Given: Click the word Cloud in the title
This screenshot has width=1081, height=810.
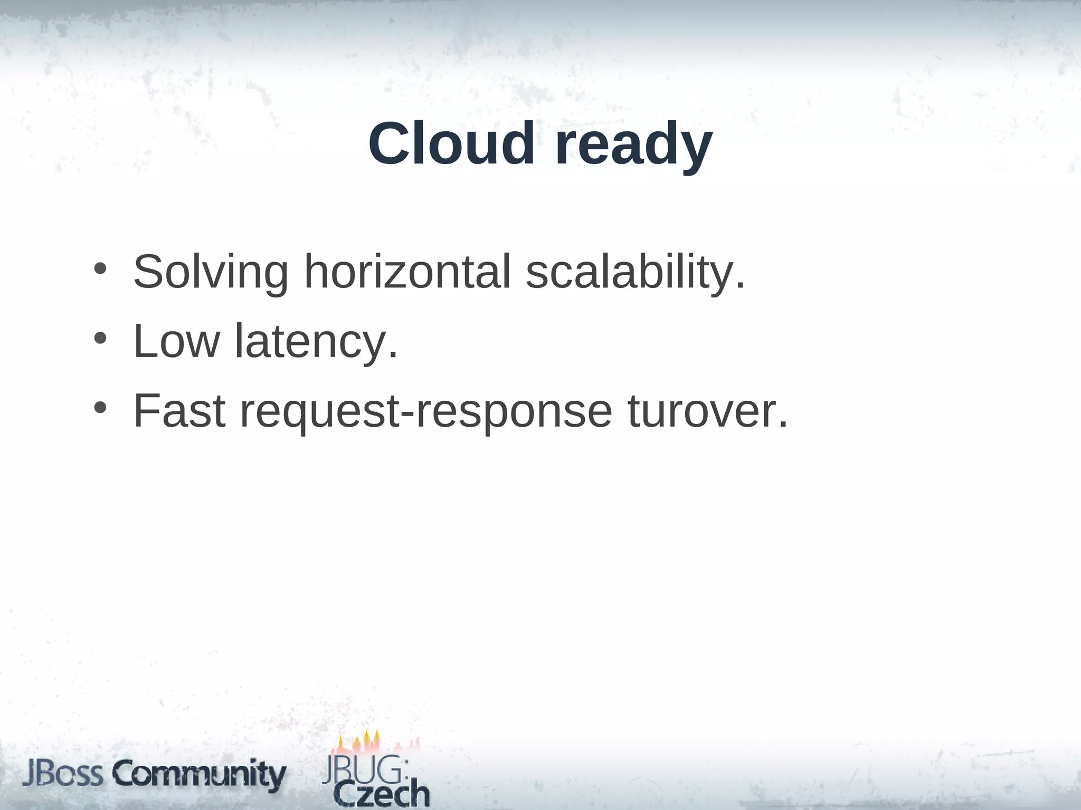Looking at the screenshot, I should (x=451, y=144).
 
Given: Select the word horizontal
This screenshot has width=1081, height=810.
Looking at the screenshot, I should (x=407, y=272).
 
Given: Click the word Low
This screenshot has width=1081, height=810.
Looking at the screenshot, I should (x=176, y=342).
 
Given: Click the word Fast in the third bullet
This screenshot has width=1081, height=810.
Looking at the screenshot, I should (x=179, y=411).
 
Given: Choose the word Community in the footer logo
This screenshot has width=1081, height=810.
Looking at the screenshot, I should (x=200, y=776).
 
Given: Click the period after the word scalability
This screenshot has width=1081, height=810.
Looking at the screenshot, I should (x=740, y=287).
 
